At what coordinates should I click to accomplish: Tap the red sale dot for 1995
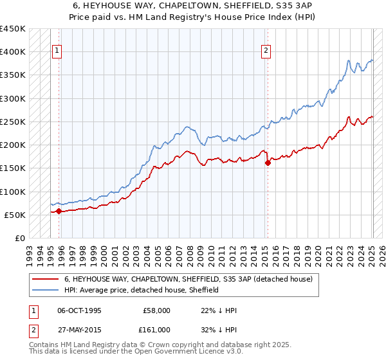click(59, 211)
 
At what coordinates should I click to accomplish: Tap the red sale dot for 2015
click(268, 163)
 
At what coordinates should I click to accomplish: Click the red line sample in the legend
click(45, 280)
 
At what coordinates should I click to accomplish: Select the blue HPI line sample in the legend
click(45, 290)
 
